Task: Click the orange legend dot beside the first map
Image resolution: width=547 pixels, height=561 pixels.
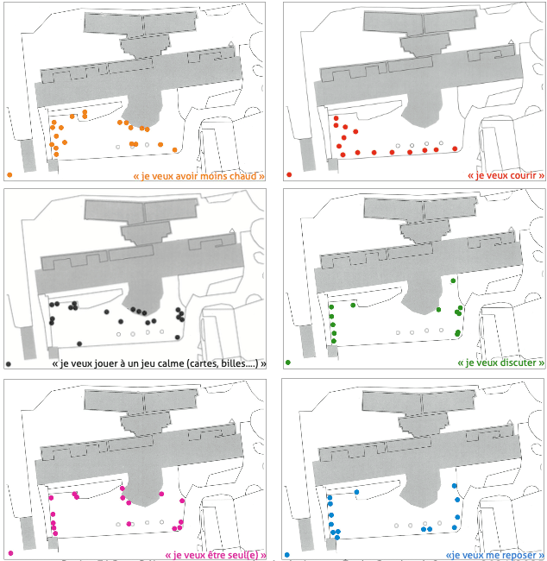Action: (9, 175)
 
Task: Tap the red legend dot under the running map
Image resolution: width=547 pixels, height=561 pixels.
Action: (289, 175)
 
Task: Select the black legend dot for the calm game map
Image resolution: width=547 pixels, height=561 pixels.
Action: (9, 363)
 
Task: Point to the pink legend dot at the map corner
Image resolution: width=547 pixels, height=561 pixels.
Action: (9, 552)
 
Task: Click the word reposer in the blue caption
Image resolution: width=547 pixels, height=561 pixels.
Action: (514, 555)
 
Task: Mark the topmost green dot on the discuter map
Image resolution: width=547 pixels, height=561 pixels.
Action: (454, 280)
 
